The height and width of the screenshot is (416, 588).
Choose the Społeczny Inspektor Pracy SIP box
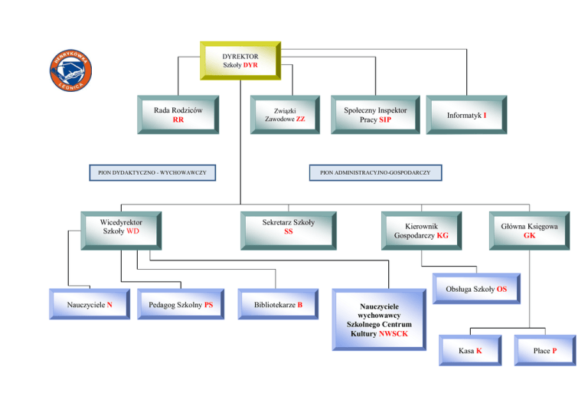point(375,115)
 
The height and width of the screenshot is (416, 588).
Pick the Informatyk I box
point(466,115)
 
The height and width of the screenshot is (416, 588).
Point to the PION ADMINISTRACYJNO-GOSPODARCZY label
point(375,173)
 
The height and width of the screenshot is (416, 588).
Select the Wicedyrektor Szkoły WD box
point(120,228)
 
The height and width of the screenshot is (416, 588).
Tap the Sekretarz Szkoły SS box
point(288,228)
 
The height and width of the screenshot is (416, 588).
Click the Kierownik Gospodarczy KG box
point(421,231)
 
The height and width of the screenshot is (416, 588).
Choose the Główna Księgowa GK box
point(530,231)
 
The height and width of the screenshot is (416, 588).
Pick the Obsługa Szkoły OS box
point(475,289)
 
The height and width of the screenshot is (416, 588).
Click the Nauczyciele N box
point(89,305)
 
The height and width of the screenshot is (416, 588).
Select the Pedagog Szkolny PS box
point(181,305)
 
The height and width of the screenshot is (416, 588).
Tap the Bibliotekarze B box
point(278,305)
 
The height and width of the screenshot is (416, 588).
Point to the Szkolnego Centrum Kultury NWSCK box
point(378,319)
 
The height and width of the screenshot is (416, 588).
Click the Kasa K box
point(469,350)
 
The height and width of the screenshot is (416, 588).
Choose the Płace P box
point(544,350)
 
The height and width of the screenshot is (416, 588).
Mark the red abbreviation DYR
point(250,66)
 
